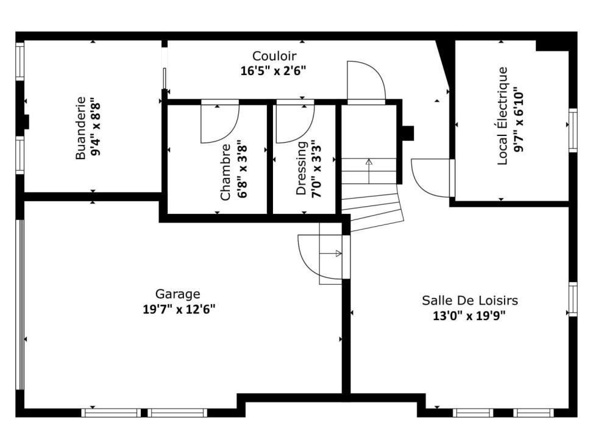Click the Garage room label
point(178,294)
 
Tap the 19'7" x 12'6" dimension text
point(179,309)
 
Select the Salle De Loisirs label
point(470,301)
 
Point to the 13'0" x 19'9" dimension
point(469,315)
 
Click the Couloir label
point(274,56)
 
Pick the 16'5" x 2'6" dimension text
point(273,71)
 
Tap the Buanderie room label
point(80,129)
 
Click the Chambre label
point(225,172)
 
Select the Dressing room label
point(301,168)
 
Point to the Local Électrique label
point(502,116)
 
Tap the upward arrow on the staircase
point(369,171)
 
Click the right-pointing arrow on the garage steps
point(331,254)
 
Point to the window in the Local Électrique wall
point(573,130)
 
